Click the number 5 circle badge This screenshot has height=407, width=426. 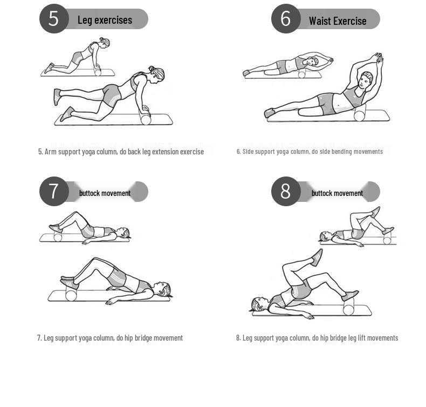54,18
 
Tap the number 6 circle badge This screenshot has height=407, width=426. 286,18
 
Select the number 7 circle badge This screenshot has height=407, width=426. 54,191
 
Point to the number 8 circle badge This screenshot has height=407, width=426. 286,191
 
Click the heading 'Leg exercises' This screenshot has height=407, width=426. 105,20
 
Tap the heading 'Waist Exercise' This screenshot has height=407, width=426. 338,21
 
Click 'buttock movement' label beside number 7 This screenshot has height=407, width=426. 105,193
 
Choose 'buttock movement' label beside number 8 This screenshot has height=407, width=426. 337,193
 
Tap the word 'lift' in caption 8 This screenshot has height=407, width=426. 361,338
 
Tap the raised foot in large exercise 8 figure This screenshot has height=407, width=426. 317,257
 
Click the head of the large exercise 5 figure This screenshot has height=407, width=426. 156,74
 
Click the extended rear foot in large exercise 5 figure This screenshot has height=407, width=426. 57,97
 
